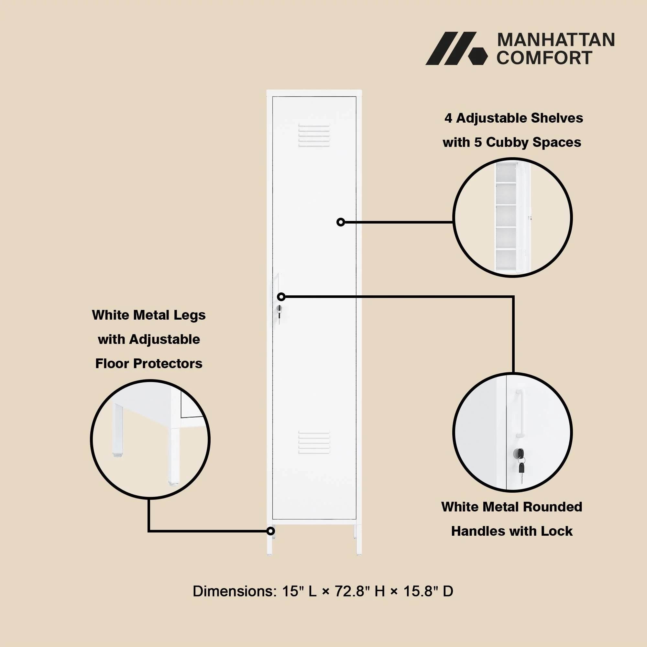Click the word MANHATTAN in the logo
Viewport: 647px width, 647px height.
point(556,40)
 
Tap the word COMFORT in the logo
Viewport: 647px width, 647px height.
point(544,58)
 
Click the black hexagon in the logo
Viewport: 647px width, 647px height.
point(477,56)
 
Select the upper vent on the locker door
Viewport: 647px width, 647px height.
point(314,136)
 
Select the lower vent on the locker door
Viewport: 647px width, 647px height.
point(314,442)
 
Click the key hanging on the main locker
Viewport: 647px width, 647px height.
point(279,315)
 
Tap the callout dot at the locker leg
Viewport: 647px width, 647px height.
point(270,531)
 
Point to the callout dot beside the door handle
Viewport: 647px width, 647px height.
point(281,297)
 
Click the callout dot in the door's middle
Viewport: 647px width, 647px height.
point(341,222)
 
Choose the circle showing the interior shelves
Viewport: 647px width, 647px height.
point(512,218)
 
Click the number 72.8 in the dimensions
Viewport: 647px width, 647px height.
point(350,591)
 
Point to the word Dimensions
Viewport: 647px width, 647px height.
point(235,591)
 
